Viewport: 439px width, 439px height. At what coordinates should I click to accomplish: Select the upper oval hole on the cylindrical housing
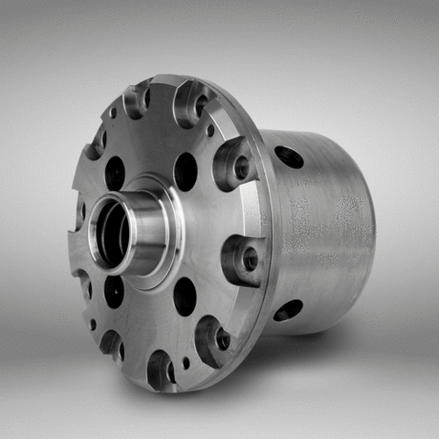point(290,156)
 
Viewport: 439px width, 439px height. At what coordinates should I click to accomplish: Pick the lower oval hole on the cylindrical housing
point(287,310)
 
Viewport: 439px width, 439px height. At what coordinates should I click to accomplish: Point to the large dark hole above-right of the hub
point(185,171)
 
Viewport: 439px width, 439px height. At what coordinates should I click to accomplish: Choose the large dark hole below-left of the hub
point(113,291)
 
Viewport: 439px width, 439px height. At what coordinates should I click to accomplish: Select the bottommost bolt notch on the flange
point(161,369)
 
